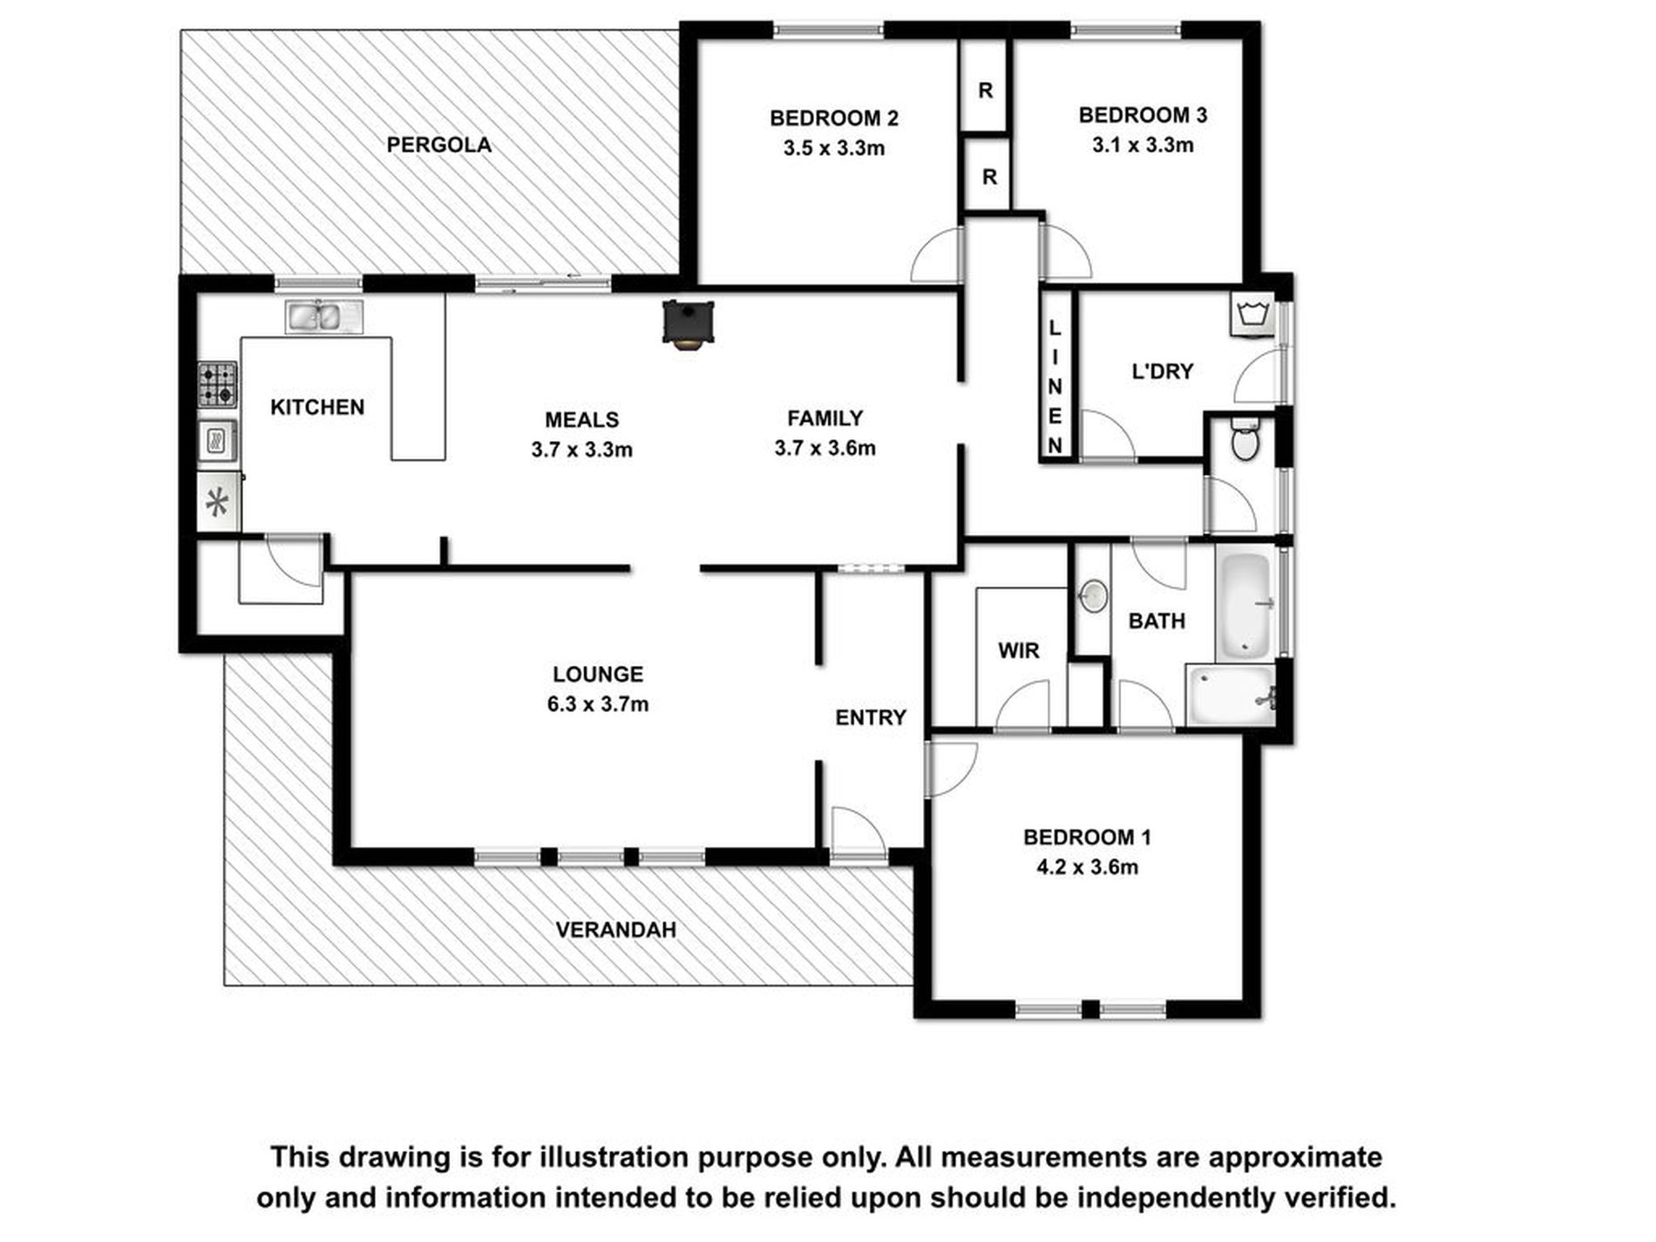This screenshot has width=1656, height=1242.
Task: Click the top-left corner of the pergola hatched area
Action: [181, 31]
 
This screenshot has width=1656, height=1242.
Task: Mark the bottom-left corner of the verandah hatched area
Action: [225, 986]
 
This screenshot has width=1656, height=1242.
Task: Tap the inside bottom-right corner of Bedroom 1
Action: [1244, 1000]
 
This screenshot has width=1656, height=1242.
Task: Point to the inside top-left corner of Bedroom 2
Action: [699, 40]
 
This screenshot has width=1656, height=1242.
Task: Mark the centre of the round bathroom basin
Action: [1092, 596]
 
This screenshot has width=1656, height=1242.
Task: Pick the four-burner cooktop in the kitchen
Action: [217, 384]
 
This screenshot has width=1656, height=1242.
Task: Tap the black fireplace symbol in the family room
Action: [689, 324]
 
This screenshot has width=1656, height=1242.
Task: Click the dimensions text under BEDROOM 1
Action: [1087, 867]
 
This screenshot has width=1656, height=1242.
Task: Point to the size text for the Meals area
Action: [581, 450]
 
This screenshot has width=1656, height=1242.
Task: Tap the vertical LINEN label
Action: [1055, 386]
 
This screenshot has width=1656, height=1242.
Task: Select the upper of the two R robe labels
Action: [986, 91]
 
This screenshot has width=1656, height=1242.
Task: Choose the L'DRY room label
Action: [1162, 371]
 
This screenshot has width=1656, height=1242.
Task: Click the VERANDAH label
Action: [616, 930]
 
